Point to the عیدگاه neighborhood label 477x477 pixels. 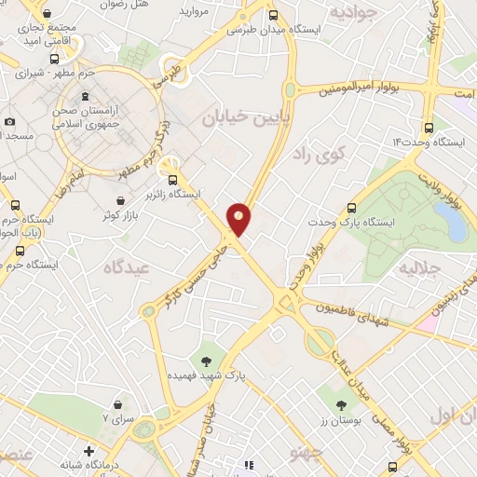coord(129,266)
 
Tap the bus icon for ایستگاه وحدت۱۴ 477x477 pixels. coord(428,128)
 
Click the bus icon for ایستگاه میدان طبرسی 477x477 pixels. coord(273,15)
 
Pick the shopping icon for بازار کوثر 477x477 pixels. coord(119,200)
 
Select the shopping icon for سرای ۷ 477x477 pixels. coord(119,404)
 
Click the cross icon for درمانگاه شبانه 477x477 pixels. coord(89,451)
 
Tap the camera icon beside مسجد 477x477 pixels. coord(9,121)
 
